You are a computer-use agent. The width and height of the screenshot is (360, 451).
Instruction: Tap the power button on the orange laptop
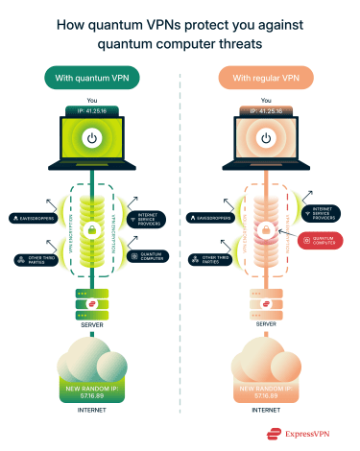(x=272, y=138)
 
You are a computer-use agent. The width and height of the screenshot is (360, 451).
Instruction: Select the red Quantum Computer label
(x=323, y=240)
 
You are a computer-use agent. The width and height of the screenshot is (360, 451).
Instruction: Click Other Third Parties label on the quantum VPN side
(x=34, y=258)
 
